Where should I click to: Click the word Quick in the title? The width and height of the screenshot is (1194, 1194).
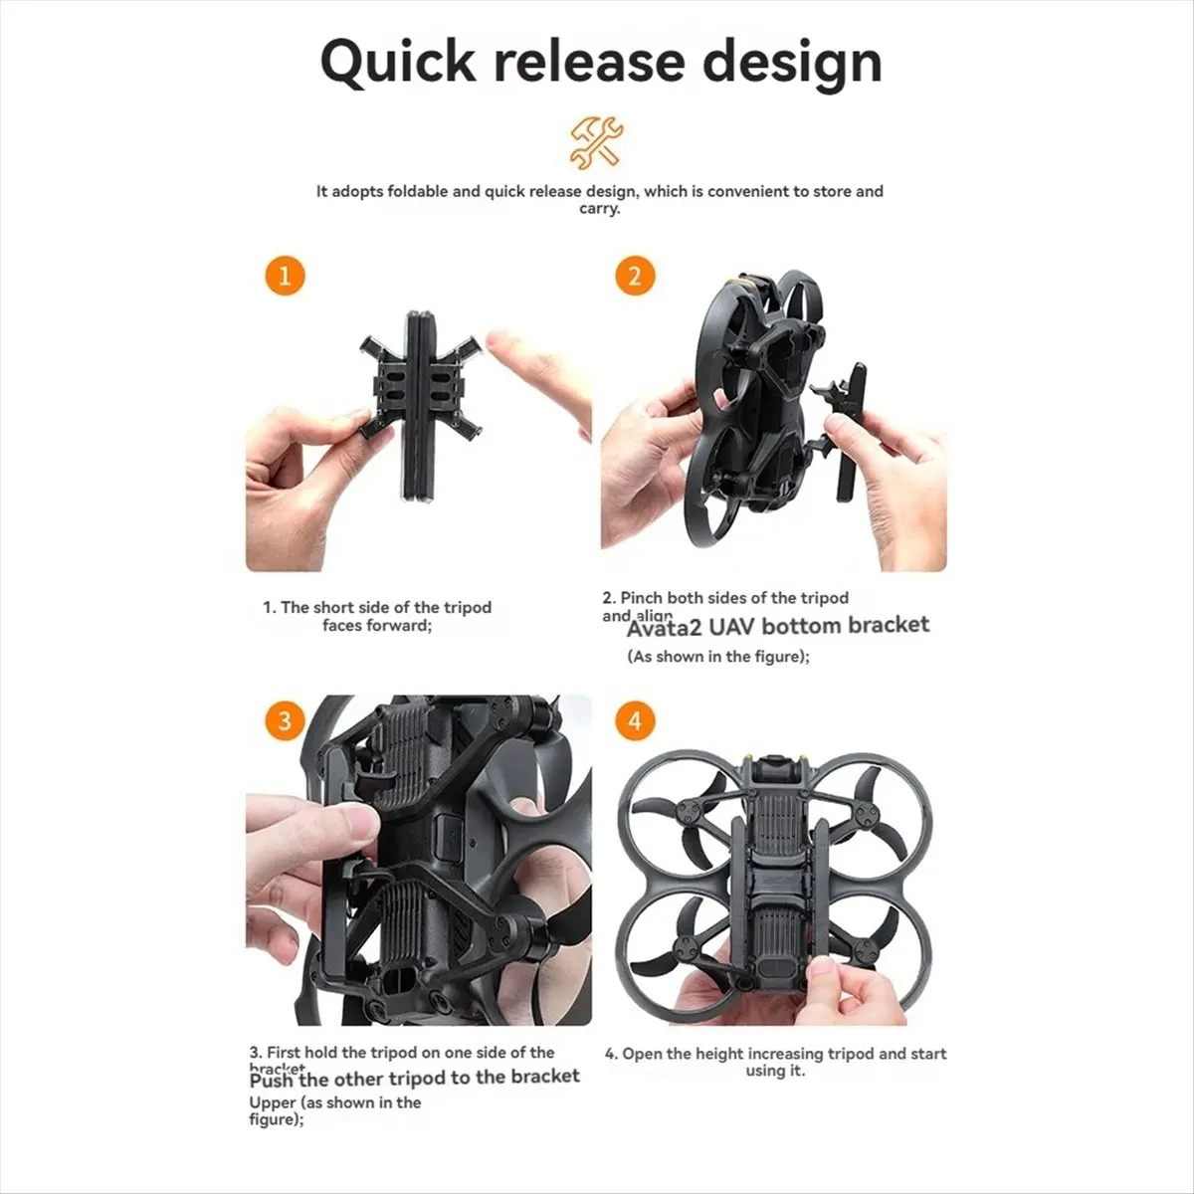[398, 62]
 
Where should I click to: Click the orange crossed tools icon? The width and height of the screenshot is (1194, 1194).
[596, 141]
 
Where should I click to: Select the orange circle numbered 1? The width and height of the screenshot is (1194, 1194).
[285, 275]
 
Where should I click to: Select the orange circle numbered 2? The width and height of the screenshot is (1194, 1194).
[635, 275]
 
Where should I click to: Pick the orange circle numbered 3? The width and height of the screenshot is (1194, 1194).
[285, 719]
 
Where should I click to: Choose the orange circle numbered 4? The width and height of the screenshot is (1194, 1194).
[635, 719]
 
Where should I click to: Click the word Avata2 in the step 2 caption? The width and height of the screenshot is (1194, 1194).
[662, 626]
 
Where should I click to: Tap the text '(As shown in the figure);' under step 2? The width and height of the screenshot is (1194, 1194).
[717, 657]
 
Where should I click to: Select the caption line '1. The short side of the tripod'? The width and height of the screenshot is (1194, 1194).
[377, 607]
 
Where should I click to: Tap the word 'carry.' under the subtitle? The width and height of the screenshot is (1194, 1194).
[599, 209]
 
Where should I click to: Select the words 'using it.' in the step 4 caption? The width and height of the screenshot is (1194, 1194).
[775, 1072]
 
